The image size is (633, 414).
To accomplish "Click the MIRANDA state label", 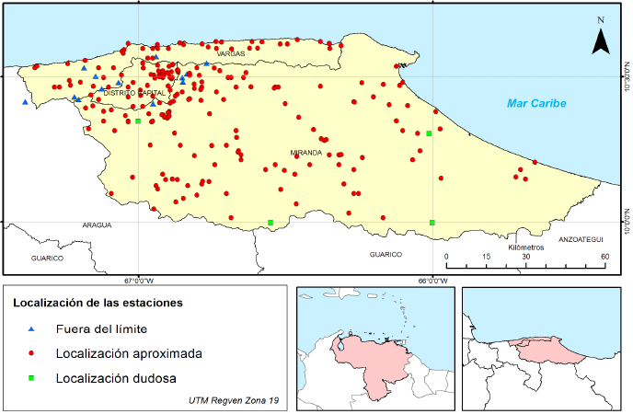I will [x=305, y=152].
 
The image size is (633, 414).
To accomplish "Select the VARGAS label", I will [x=231, y=54].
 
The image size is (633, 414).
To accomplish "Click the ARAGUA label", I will [x=96, y=224].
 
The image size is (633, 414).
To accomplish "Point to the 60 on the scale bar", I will [x=604, y=257].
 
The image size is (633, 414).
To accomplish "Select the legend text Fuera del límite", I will [x=101, y=328].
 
